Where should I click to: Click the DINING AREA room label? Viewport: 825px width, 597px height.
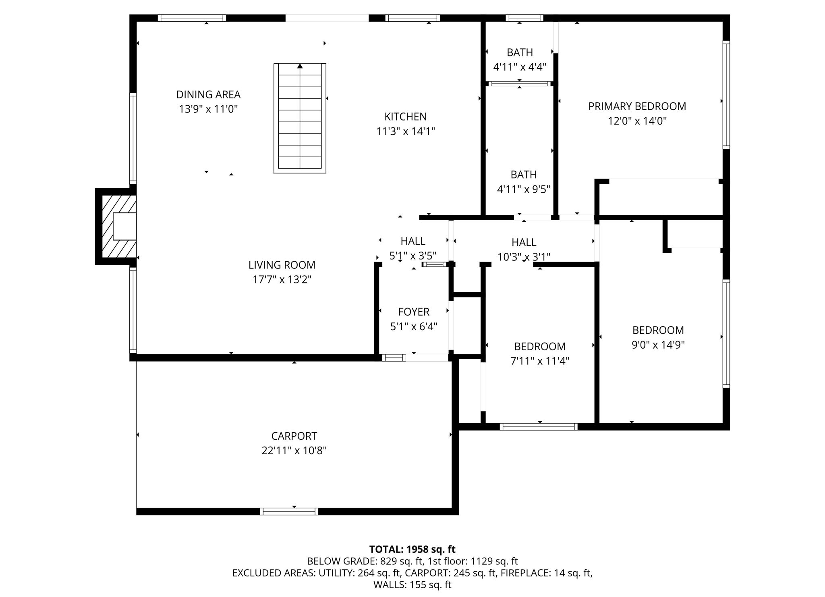(208, 95)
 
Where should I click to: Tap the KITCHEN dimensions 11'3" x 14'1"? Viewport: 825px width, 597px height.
(405, 131)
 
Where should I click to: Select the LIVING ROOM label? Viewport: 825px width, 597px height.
(282, 265)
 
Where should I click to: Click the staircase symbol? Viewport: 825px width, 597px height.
(300, 119)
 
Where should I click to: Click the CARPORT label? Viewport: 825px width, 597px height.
(294, 436)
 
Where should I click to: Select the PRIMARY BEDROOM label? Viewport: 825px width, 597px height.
(637, 106)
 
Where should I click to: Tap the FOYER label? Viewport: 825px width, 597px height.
(414, 312)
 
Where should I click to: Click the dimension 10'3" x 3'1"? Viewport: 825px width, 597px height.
(524, 257)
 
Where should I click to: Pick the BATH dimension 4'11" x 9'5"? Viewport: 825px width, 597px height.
(523, 189)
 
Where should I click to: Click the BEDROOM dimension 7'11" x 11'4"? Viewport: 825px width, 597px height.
(540, 361)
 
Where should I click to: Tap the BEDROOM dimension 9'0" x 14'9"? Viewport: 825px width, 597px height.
(658, 345)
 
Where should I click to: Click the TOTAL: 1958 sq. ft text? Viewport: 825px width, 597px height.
(412, 549)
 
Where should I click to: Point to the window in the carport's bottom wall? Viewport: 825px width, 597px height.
(289, 512)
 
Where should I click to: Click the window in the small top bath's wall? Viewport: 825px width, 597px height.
(524, 18)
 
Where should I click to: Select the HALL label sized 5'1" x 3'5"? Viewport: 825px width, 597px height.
(413, 241)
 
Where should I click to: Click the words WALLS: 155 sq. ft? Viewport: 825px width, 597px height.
(412, 585)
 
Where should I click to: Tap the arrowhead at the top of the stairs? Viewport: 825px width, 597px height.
(300, 66)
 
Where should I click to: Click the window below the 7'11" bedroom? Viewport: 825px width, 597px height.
(539, 427)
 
